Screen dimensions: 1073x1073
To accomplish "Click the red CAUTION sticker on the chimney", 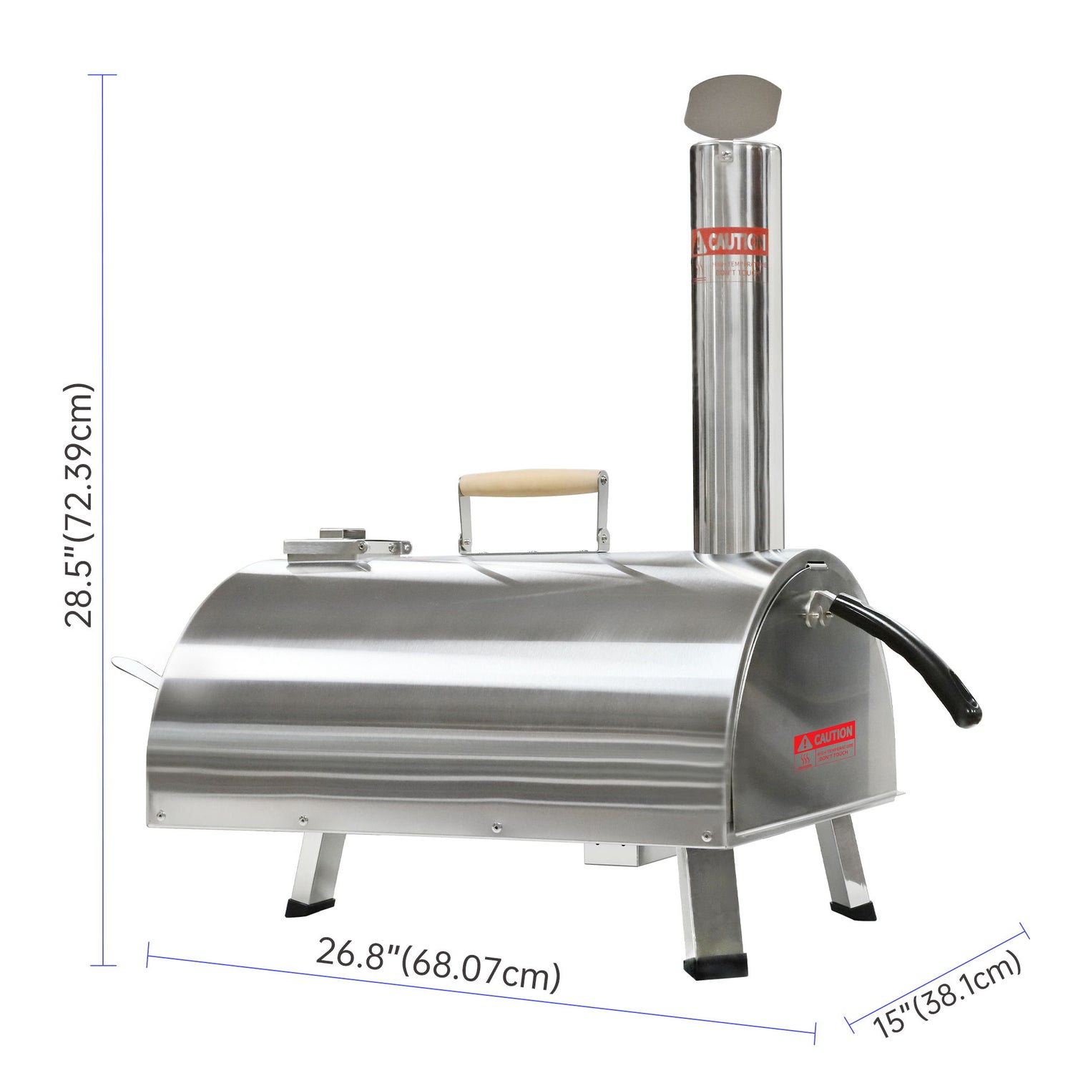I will pyautogui.click(x=730, y=243).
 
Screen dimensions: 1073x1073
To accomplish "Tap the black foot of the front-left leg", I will pyautogui.click(x=306, y=908).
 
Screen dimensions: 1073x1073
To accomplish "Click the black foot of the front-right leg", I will pyautogui.click(x=715, y=966).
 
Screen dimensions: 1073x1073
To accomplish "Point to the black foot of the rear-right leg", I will pyautogui.click(x=853, y=911).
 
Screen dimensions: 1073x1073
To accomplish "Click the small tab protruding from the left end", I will pyautogui.click(x=136, y=670).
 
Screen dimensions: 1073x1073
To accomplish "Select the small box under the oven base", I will pyautogui.click(x=612, y=853).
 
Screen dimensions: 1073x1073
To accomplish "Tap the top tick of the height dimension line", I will pyautogui.click(x=103, y=75).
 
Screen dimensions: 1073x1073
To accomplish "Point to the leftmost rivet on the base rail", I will pyautogui.click(x=161, y=813).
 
